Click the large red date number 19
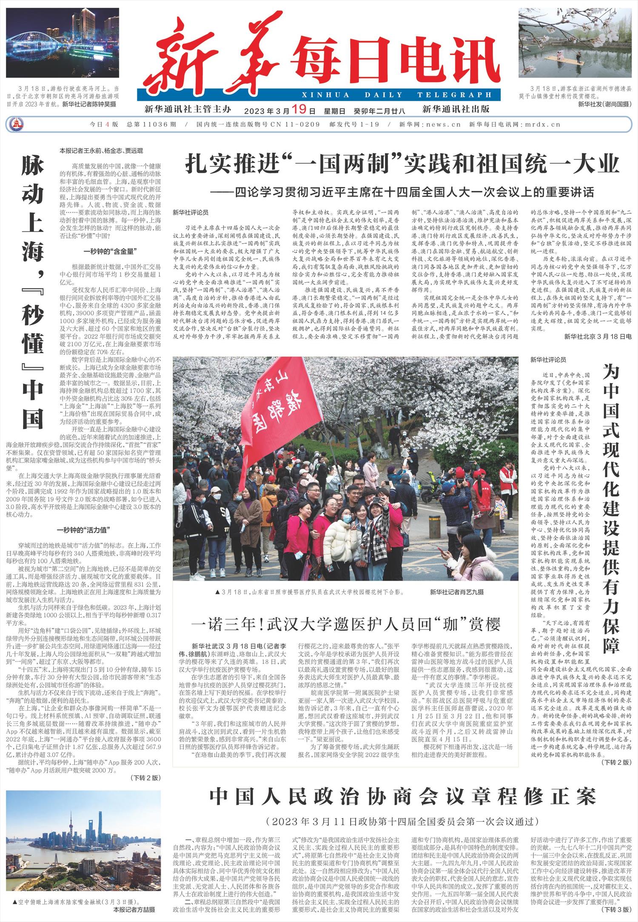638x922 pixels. tap(299, 110)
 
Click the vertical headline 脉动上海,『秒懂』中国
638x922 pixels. tap(33, 293)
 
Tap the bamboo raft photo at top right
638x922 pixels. tap(575, 43)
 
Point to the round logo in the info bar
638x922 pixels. tap(17, 125)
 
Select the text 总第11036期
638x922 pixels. tap(151, 125)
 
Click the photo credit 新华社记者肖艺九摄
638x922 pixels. tap(456, 592)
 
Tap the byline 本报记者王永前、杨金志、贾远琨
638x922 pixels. tap(101, 150)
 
